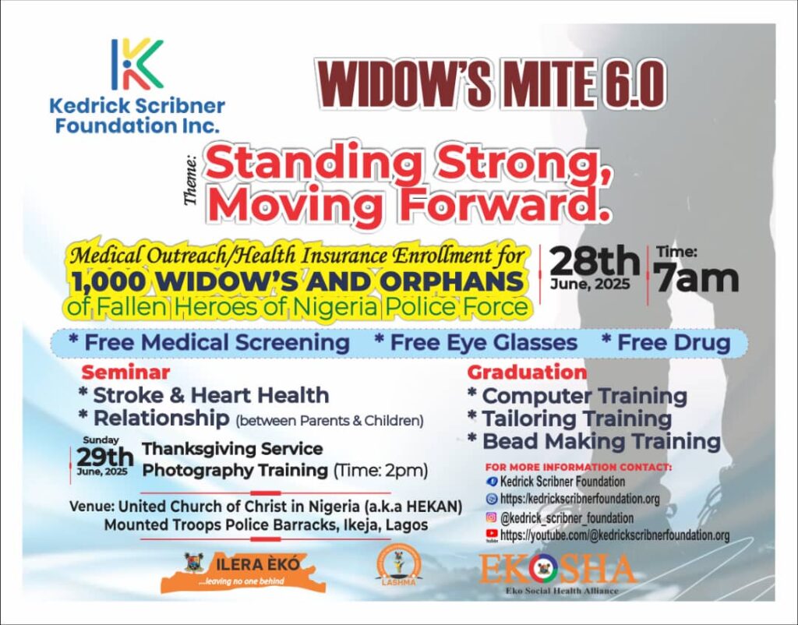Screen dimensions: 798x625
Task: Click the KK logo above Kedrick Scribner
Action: coord(137,64)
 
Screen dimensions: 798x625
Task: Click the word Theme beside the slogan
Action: coord(191,180)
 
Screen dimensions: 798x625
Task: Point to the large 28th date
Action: coord(595,262)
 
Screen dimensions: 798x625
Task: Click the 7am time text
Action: coord(696,278)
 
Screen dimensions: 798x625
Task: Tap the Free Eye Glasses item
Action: coord(476,342)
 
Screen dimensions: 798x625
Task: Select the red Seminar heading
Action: coord(125,373)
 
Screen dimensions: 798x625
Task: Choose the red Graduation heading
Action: coord(527,372)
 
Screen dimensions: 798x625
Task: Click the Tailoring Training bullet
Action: coord(570,418)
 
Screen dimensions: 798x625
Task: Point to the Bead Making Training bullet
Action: coord(594,441)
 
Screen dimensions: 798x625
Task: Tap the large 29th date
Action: coord(105,457)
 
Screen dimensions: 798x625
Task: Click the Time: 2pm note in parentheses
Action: coord(380,470)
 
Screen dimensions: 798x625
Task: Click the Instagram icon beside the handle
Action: coord(491,517)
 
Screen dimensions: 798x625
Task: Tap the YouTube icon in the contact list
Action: coord(492,534)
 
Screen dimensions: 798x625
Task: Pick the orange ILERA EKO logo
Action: coord(242,572)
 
